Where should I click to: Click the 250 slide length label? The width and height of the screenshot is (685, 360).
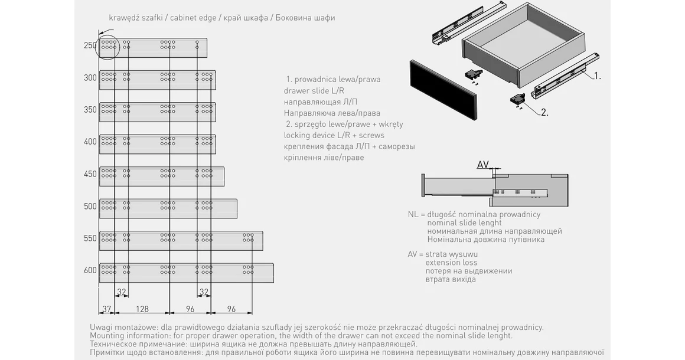90,45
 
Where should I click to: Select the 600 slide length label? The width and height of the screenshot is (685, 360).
90,270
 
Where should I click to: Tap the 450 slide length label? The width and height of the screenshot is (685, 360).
90,174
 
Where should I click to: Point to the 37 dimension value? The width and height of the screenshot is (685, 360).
107,308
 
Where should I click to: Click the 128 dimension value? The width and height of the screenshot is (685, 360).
142,308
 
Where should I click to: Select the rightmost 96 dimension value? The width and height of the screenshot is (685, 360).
231,308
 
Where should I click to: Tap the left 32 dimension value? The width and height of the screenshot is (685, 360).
122,292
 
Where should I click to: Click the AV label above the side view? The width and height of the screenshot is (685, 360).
482,165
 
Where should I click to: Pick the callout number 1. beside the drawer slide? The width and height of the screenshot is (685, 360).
597,76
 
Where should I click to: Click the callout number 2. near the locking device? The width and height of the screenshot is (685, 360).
544,112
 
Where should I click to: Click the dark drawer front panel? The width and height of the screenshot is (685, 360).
442,89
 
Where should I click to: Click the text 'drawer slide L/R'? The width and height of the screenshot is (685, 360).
314,90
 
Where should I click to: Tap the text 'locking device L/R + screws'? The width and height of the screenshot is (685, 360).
334,135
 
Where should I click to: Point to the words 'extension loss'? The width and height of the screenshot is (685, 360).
451,263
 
